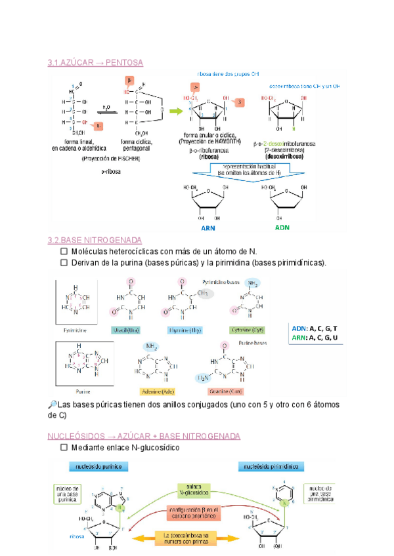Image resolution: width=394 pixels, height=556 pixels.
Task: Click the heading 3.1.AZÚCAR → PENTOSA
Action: pyautogui.click(x=95, y=62)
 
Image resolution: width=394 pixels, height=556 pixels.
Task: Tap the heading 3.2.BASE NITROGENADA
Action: pyautogui.click(x=95, y=241)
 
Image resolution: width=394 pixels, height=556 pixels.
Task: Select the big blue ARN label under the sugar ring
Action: pyautogui.click(x=208, y=228)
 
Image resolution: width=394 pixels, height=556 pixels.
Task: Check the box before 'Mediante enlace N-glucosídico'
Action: pyautogui.click(x=64, y=448)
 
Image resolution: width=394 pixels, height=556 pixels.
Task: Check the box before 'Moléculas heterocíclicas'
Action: pyautogui.click(x=64, y=252)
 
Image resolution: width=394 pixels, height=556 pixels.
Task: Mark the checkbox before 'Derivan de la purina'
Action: pyautogui.click(x=64, y=263)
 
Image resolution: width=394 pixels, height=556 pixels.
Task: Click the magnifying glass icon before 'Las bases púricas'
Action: pyautogui.click(x=53, y=404)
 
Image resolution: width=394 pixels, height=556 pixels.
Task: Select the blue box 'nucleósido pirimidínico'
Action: pyautogui.click(x=271, y=466)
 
